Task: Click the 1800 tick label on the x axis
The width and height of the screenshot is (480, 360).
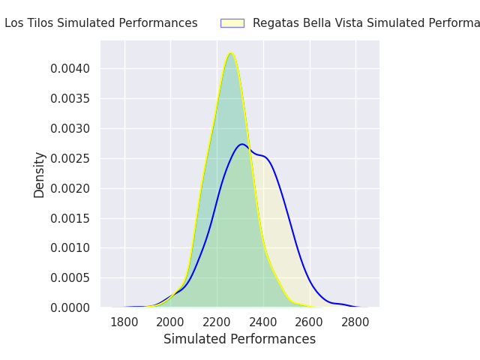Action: point(124,322)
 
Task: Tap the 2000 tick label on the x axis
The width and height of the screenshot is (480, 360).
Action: point(171,322)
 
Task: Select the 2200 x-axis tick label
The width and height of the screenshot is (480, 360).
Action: point(217,322)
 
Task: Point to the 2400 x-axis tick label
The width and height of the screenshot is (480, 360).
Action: point(263,322)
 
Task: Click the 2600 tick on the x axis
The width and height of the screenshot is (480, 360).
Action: point(310,322)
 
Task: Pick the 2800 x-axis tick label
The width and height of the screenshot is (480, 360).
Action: point(355,322)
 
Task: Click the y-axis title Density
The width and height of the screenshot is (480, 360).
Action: point(40,174)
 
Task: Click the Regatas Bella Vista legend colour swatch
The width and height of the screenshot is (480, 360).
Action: point(232,23)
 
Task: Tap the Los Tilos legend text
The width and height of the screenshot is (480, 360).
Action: point(100,23)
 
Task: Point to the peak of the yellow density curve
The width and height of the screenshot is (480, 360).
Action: point(231,52)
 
